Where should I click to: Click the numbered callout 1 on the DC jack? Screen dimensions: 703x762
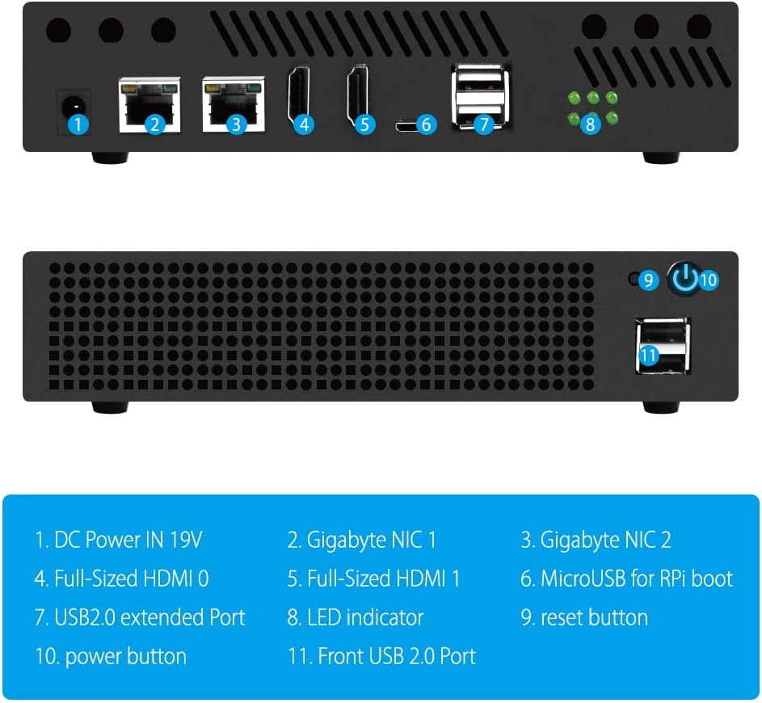coord(78,124)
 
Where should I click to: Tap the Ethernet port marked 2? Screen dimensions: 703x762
coord(150,105)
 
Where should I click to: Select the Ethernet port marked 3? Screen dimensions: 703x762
coord(234,105)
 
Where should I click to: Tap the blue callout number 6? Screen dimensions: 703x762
coord(427,124)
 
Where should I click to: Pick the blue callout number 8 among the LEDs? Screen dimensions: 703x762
coord(591,124)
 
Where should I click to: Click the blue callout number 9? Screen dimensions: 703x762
coord(648,280)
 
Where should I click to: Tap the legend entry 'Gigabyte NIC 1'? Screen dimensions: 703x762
coord(362,540)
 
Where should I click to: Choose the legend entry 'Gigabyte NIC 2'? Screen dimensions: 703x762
coord(596,540)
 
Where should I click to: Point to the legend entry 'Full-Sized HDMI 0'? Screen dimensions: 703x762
coord(122,579)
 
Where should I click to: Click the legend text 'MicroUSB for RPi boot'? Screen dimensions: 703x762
coord(627,579)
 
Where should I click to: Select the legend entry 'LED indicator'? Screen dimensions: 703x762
coord(356,617)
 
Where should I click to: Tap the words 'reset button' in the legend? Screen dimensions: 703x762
coord(584,617)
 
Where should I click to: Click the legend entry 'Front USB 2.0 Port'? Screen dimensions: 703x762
coord(382,656)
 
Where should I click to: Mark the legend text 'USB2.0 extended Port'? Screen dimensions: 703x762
coord(140,617)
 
